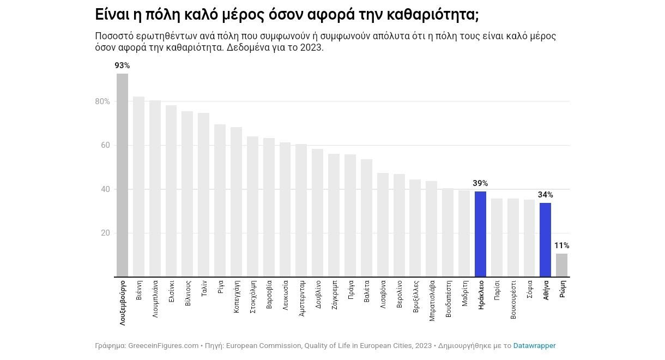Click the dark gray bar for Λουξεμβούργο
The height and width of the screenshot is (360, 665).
point(122,175)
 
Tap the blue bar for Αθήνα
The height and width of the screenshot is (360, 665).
point(545,239)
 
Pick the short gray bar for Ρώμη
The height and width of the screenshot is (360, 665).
point(561,265)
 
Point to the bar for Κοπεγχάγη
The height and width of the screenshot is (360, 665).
point(236,202)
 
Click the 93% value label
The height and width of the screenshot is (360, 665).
point(122,65)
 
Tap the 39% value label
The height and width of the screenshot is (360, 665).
point(480,183)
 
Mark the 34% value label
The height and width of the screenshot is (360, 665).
point(545,195)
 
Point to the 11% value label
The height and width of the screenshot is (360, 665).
point(561,245)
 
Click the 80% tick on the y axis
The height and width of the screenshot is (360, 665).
point(102,101)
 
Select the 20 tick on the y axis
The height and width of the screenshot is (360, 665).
point(105,233)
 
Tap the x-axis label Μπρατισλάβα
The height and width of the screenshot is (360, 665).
point(432,301)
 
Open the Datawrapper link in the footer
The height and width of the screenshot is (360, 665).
point(534,346)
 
